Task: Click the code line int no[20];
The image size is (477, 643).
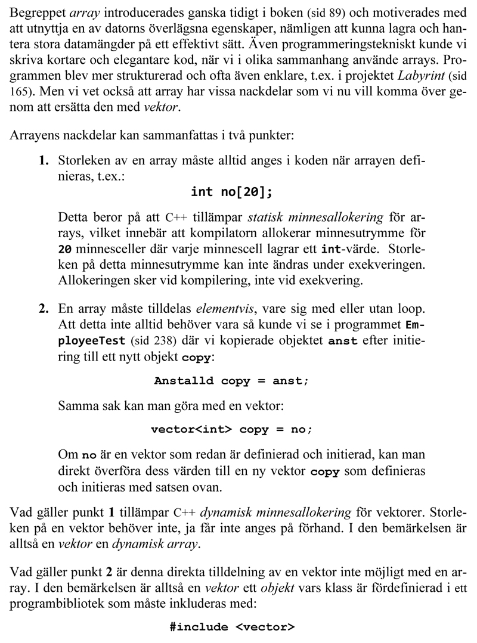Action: click(232, 192)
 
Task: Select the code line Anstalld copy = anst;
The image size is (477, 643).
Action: click(232, 381)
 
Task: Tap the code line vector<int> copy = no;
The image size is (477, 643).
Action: click(232, 429)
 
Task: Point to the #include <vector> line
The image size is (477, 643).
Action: click(232, 627)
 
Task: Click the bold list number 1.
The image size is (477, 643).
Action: click(43, 161)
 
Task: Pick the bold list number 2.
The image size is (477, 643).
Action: click(43, 309)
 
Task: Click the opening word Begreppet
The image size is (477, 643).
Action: click(38, 13)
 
